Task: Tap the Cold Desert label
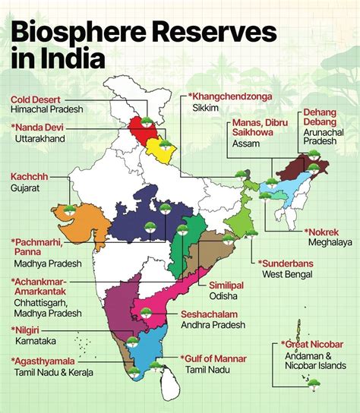click(36, 99)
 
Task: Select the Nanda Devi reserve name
click(39, 128)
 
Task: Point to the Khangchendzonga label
click(232, 97)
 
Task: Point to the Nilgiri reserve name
click(30, 329)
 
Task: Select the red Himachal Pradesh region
click(142, 126)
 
